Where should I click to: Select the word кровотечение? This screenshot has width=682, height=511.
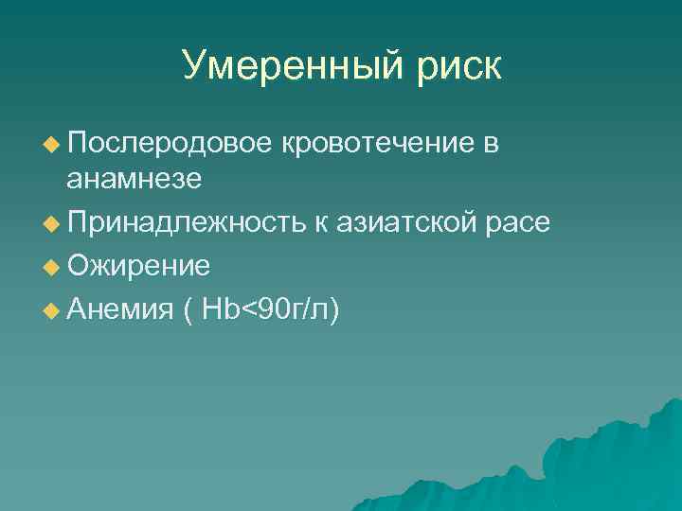[377, 143]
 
